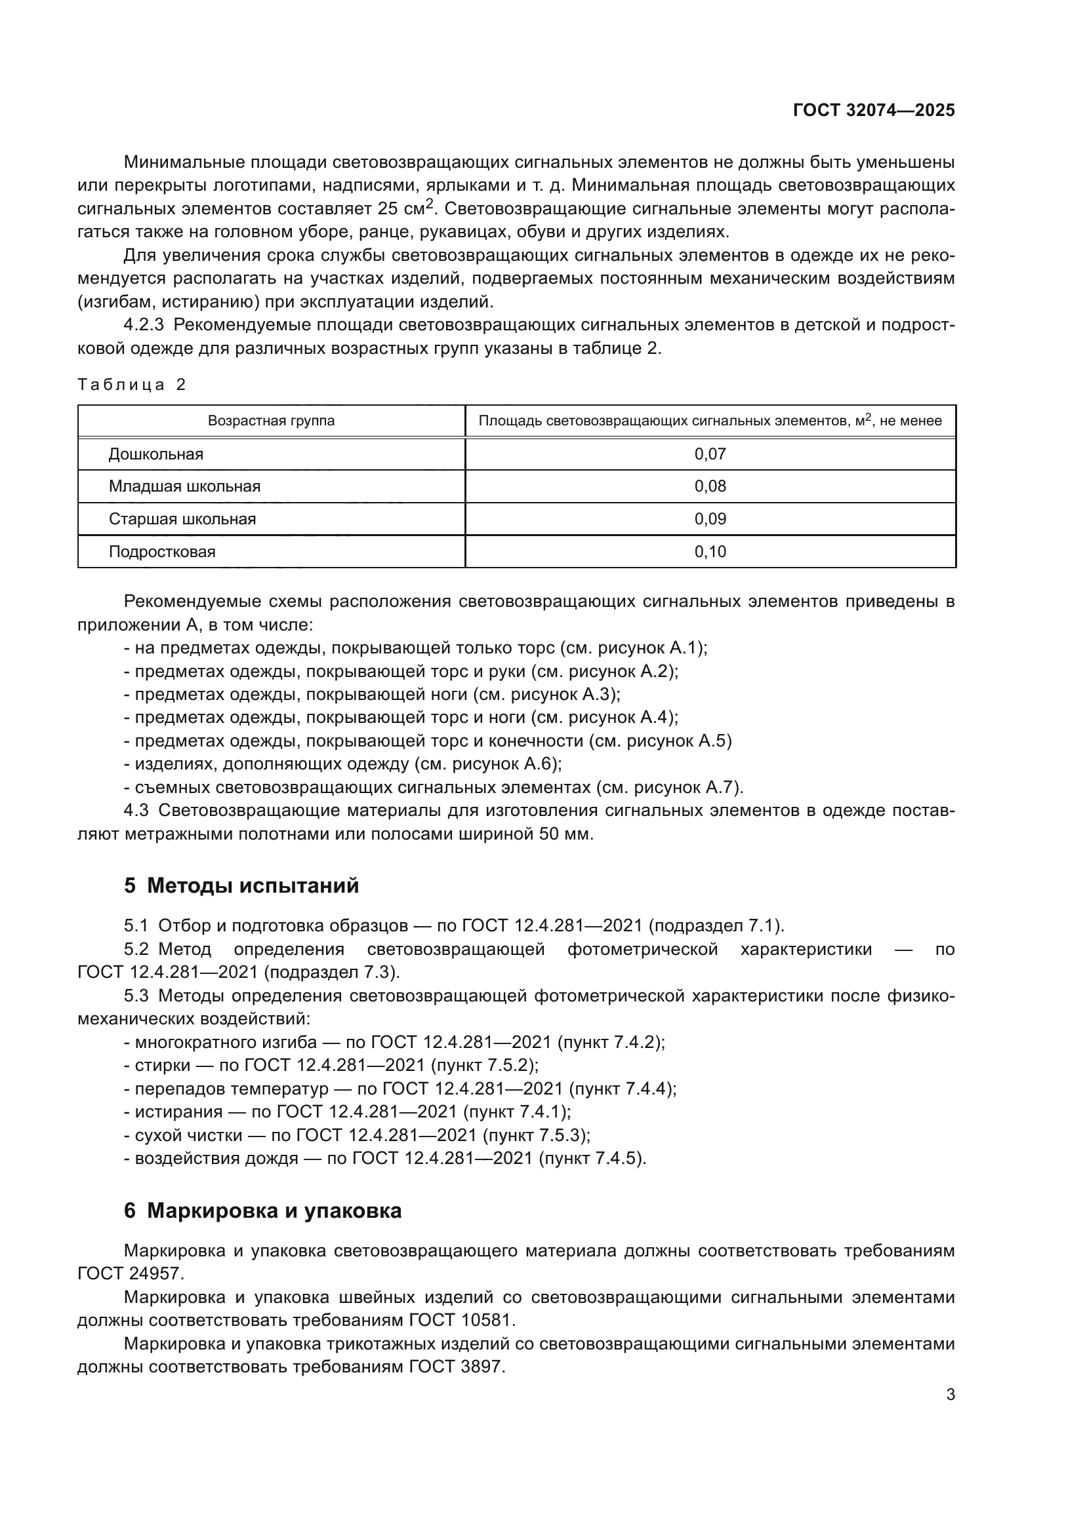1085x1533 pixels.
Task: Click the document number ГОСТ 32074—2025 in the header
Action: (873, 111)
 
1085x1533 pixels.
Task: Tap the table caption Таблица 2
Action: (132, 385)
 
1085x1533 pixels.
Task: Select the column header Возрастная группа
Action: (272, 421)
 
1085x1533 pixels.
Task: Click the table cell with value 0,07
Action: (710, 455)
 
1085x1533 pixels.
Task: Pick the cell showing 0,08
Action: (710, 487)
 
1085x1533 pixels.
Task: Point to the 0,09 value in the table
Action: (710, 520)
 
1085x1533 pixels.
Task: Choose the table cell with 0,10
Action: (710, 552)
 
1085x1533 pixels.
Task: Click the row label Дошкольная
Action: (155, 455)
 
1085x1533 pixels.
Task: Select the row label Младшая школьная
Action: (184, 487)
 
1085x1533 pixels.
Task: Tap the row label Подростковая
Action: (162, 552)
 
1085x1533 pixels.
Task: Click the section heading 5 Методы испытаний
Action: (241, 886)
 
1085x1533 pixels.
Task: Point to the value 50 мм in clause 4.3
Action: (565, 834)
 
